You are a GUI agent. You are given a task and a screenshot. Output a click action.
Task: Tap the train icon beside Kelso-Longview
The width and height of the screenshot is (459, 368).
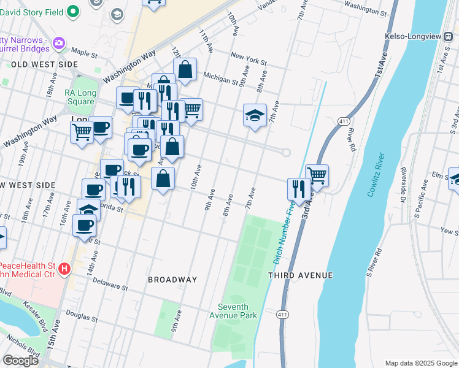pos(449,36)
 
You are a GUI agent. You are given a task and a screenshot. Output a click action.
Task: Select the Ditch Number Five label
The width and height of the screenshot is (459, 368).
pos(283,231)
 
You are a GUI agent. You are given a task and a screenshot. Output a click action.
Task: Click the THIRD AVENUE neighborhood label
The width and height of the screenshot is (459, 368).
pos(300,275)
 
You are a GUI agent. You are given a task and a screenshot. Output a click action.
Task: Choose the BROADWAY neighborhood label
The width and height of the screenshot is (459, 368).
pos(172,280)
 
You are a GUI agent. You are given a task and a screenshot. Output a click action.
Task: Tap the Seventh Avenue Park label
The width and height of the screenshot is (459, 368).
pos(237,311)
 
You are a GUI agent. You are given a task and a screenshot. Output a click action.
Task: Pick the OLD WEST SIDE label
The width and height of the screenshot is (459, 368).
pos(44,64)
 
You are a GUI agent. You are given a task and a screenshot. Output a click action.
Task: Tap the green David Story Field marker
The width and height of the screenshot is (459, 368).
pos(73,11)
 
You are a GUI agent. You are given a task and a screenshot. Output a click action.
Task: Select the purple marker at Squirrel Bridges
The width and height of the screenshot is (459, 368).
pos(59,42)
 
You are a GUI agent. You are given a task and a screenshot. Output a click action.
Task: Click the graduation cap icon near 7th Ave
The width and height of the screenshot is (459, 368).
pos(255,115)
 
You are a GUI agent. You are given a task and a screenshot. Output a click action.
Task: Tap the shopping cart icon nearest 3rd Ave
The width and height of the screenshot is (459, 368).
pos(317,175)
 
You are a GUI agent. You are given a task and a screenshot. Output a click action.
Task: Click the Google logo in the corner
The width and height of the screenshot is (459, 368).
pos(21,361)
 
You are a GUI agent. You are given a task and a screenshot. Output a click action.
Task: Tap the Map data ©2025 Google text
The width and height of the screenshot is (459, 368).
pos(420,363)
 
